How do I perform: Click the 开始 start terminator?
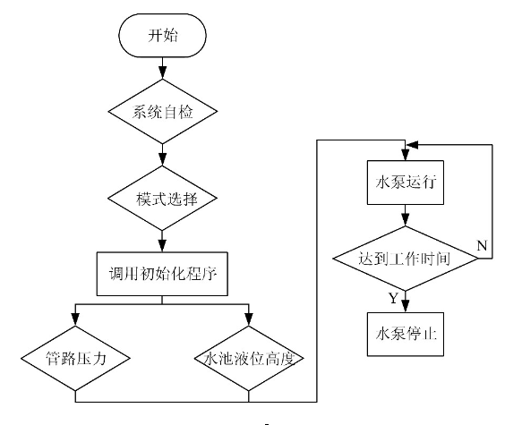pyautogui.click(x=162, y=35)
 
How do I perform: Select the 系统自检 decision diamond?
pyautogui.click(x=162, y=112)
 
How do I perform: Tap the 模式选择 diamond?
pyautogui.click(x=162, y=199)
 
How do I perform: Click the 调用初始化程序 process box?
pyautogui.click(x=162, y=274)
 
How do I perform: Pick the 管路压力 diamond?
pyautogui.click(x=75, y=358)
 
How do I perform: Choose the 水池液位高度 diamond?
pyautogui.click(x=249, y=358)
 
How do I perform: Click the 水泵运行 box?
pyautogui.click(x=405, y=183)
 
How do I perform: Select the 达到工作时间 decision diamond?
pyautogui.click(x=405, y=259)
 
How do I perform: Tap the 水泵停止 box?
pyautogui.click(x=405, y=335)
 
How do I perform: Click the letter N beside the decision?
pyautogui.click(x=482, y=246)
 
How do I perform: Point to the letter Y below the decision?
pyautogui.click(x=393, y=298)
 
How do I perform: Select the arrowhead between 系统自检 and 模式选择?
pyautogui.click(x=162, y=159)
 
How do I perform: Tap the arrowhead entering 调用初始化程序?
pyautogui.click(x=162, y=246)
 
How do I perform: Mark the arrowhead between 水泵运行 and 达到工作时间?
pyautogui.click(x=405, y=220)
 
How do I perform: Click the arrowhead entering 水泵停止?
pyautogui.click(x=405, y=306)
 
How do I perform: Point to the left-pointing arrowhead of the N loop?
pyautogui.click(x=412, y=145)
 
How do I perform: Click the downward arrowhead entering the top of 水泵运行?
pyautogui.click(x=405, y=155)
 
